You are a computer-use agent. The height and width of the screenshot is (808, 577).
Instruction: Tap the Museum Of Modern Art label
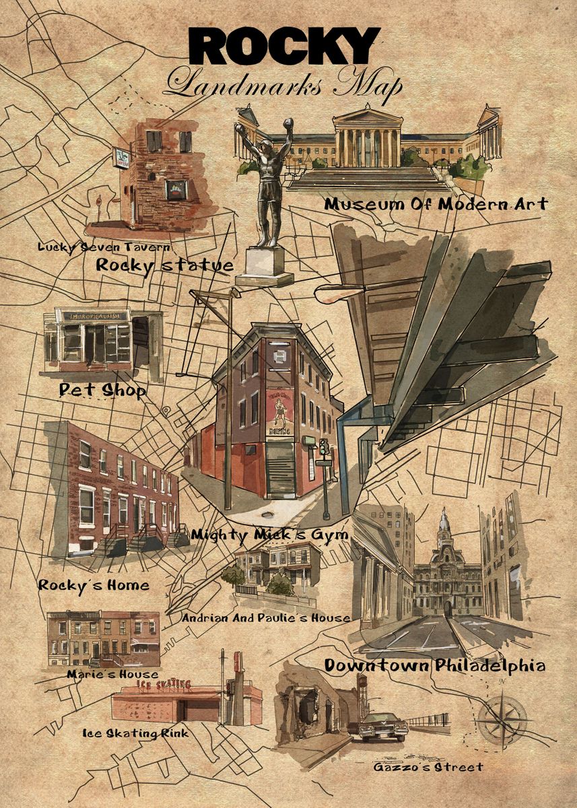click(436, 204)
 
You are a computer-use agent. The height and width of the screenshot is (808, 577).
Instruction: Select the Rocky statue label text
click(164, 265)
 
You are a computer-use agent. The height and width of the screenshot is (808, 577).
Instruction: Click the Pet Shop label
click(102, 389)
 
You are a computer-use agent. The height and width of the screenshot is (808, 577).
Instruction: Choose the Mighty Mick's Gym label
click(269, 535)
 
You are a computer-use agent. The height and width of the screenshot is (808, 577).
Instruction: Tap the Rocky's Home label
click(94, 584)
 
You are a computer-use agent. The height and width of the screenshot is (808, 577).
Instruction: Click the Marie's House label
click(112, 674)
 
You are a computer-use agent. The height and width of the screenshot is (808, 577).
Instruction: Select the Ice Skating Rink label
click(135, 733)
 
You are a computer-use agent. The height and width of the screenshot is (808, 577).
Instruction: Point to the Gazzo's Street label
click(428, 767)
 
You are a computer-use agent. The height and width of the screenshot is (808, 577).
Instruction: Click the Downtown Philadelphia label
click(435, 666)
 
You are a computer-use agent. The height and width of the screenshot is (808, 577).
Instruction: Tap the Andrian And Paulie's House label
click(266, 617)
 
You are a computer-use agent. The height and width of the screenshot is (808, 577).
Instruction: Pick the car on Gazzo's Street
click(382, 726)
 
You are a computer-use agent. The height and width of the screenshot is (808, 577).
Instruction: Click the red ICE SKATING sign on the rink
click(164, 685)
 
